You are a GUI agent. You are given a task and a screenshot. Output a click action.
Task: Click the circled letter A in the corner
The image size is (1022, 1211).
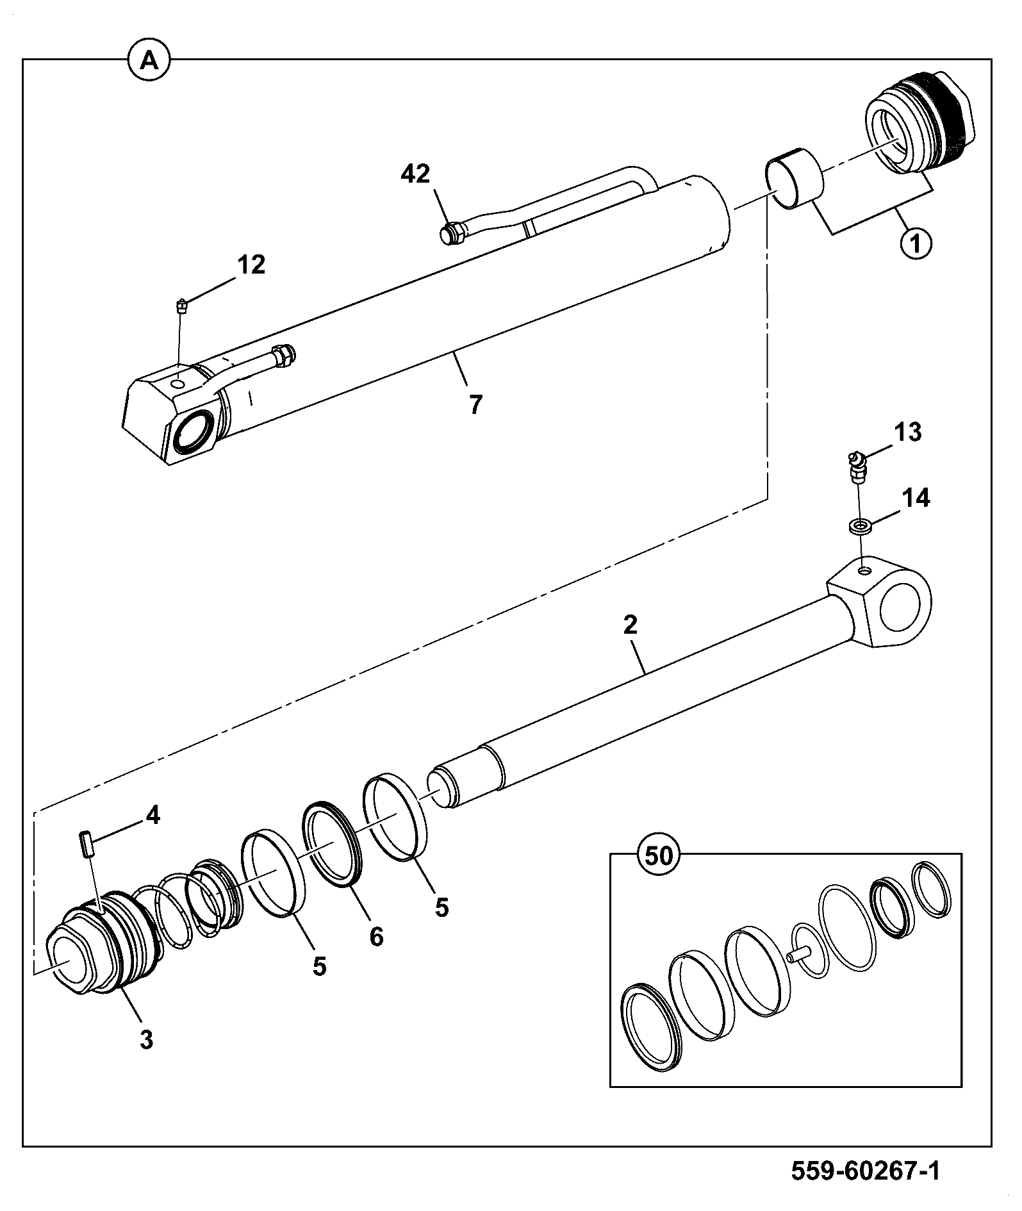click(149, 60)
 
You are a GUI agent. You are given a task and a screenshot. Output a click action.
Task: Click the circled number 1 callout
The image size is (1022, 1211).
click(916, 243)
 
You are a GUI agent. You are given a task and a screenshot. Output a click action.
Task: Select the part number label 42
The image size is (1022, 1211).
click(416, 174)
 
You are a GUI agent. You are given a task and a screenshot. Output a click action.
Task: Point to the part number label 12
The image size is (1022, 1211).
click(251, 264)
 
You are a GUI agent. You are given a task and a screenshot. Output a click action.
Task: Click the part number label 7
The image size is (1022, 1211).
click(475, 404)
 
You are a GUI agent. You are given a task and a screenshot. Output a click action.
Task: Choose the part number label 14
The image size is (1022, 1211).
click(916, 497)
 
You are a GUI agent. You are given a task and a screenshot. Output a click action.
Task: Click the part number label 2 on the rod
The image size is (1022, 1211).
click(631, 625)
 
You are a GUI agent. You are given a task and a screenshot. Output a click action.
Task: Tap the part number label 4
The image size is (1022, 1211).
click(152, 816)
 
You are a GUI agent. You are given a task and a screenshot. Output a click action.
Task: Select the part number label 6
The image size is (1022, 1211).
click(376, 937)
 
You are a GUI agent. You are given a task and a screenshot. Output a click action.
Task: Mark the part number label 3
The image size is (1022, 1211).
click(147, 1040)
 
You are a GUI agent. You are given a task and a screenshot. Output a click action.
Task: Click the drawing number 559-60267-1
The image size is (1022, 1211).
click(866, 1171)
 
